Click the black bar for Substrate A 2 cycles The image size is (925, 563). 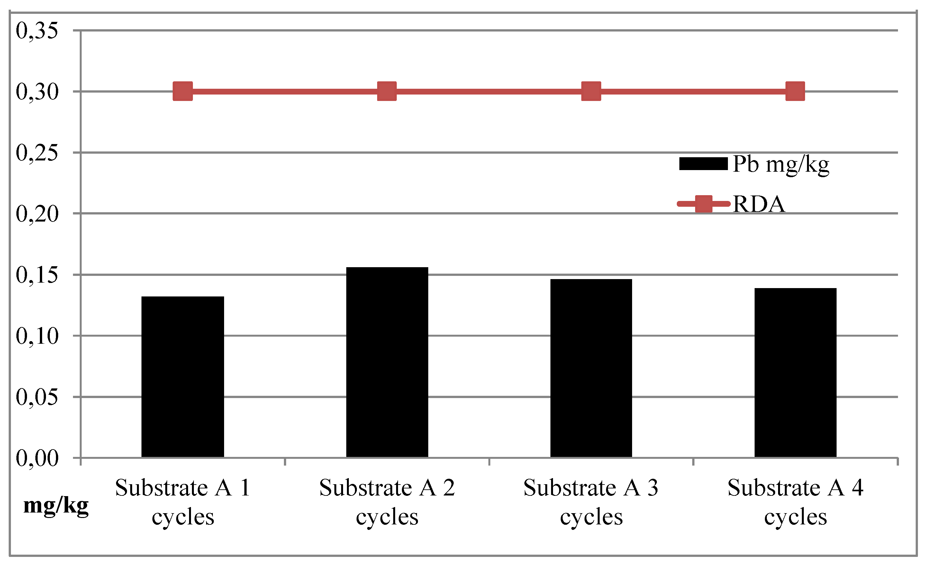pyautogui.click(x=387, y=362)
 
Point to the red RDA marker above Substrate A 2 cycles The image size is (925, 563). pyautogui.click(x=387, y=91)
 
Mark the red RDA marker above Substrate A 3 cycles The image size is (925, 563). pyautogui.click(x=591, y=91)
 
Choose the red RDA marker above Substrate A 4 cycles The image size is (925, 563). pyautogui.click(x=795, y=91)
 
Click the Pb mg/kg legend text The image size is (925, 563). pyautogui.click(x=781, y=164)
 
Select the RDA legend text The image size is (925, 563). pyautogui.click(x=758, y=204)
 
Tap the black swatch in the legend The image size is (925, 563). pyautogui.click(x=703, y=164)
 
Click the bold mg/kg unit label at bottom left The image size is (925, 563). pyautogui.click(x=56, y=505)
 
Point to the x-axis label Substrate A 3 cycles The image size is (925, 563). pyautogui.click(x=591, y=502)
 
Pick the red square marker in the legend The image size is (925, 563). pyautogui.click(x=703, y=204)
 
